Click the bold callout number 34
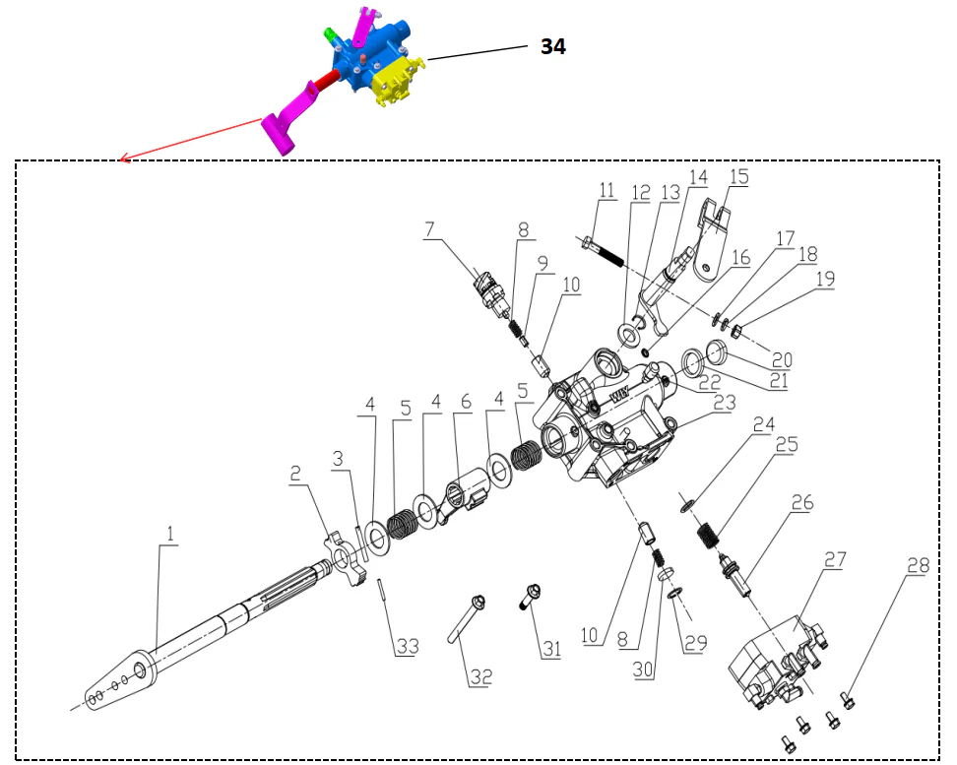pyautogui.click(x=552, y=45)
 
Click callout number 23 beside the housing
pyautogui.click(x=724, y=402)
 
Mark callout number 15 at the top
pyautogui.click(x=738, y=177)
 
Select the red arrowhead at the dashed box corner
pyautogui.click(x=121, y=159)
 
